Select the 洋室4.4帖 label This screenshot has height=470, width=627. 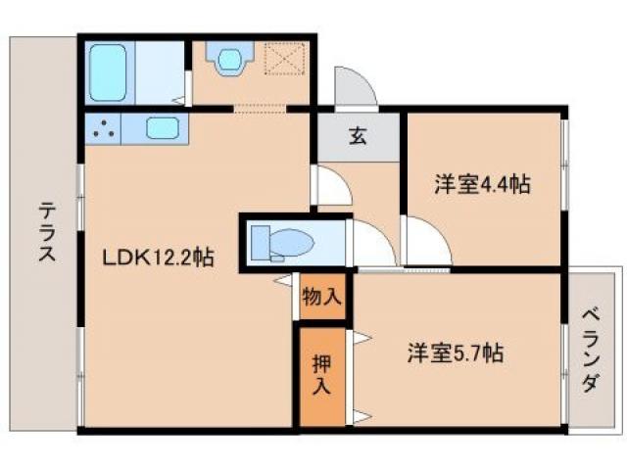pyautogui.click(x=482, y=183)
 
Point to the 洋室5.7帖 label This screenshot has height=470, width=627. pyautogui.click(x=456, y=353)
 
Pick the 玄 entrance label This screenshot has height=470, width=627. pyautogui.click(x=358, y=137)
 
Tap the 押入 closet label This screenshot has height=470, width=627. pyautogui.click(x=322, y=374)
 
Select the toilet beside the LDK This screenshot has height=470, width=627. pyautogui.click(x=278, y=241)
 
